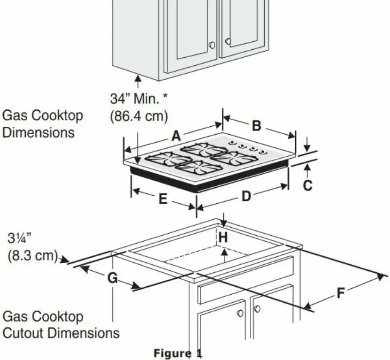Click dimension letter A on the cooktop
[176, 136]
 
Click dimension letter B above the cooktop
[256, 126]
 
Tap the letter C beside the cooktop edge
[307, 186]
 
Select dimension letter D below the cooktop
[246, 197]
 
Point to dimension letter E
[162, 199]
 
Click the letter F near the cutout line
[341, 294]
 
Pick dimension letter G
[113, 278]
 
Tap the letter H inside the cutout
[223, 238]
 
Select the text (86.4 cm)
[138, 116]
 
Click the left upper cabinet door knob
[212, 45]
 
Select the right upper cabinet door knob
[228, 42]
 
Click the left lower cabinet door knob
[240, 313]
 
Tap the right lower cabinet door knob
[257, 308]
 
